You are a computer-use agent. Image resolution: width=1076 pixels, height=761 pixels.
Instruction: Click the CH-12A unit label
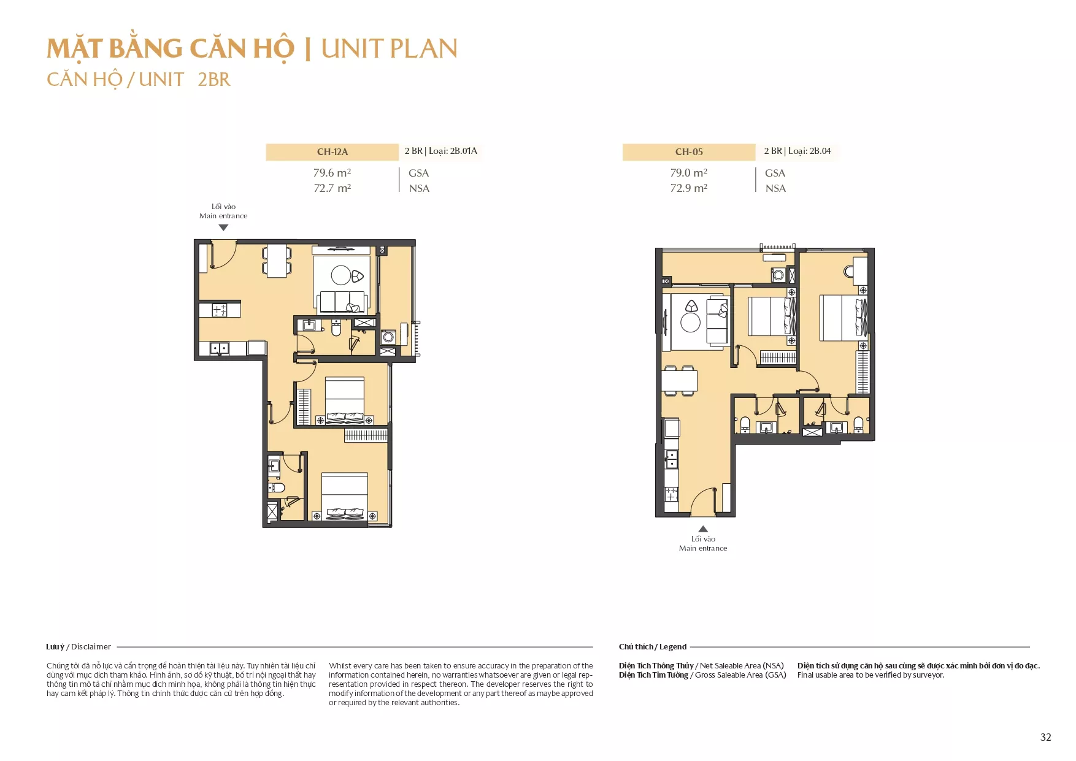tap(332, 152)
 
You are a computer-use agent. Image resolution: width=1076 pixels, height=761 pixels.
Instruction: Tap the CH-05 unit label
tap(689, 152)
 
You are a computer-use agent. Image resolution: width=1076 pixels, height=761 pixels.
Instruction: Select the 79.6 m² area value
tap(332, 173)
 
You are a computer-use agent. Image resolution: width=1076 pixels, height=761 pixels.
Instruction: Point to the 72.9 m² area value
tap(688, 188)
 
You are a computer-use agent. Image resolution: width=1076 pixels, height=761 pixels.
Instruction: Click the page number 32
tap(1046, 737)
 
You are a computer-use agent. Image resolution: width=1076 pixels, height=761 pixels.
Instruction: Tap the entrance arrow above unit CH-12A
tap(224, 228)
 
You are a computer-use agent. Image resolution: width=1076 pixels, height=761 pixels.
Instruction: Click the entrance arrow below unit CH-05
tap(703, 529)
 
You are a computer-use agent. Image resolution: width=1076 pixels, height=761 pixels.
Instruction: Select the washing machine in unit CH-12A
tap(388, 337)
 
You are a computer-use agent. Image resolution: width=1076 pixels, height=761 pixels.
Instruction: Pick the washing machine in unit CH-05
tap(778, 275)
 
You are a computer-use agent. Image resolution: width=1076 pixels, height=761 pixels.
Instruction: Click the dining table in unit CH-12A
tap(277, 261)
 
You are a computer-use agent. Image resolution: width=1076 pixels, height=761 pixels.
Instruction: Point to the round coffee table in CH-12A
tap(341, 275)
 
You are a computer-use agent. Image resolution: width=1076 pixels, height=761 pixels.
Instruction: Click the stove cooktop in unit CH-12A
tap(220, 310)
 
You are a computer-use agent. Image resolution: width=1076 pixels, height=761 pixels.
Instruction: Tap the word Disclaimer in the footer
tap(91, 647)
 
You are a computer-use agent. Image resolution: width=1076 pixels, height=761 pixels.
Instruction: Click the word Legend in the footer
tap(673, 647)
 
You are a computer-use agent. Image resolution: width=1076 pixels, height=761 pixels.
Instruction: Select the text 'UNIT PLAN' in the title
tap(390, 49)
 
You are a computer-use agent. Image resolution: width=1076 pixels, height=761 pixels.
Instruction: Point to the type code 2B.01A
tap(464, 151)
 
